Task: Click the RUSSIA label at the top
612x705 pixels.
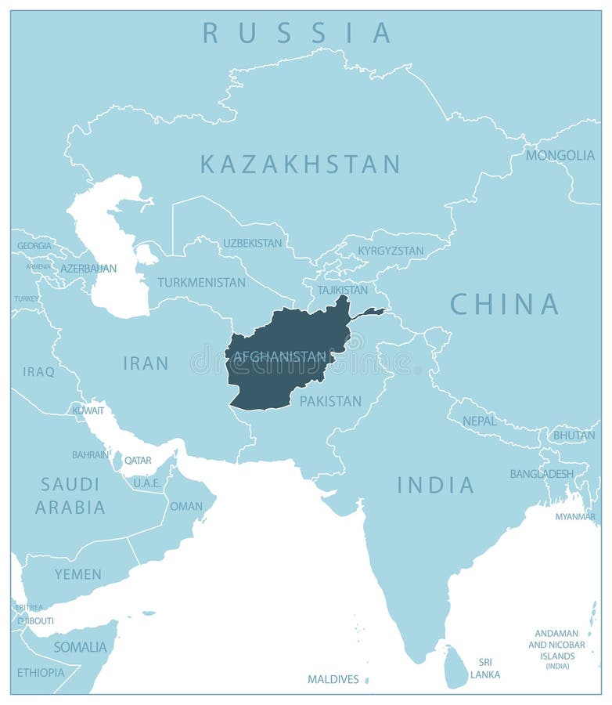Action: (x=297, y=33)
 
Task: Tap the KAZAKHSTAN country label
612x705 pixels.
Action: (x=300, y=164)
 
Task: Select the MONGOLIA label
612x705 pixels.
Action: (x=560, y=155)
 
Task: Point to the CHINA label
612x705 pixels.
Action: (x=505, y=304)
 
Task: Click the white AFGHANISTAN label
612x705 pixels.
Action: (x=279, y=356)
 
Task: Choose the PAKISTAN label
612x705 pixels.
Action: (x=330, y=401)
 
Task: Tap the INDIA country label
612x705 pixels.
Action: (x=435, y=485)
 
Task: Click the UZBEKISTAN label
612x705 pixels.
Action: (x=252, y=243)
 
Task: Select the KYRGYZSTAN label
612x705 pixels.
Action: (x=390, y=251)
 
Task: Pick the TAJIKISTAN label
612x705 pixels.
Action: (x=342, y=289)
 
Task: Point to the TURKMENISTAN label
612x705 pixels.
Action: (x=201, y=282)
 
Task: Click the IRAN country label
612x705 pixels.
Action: (x=146, y=363)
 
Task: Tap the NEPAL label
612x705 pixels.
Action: (x=479, y=421)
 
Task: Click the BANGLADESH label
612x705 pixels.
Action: (x=542, y=474)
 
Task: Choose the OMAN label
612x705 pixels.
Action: (x=186, y=506)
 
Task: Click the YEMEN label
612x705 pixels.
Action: (x=77, y=574)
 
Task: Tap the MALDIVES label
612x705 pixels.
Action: (x=333, y=679)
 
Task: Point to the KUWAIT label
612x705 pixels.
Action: (x=88, y=410)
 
